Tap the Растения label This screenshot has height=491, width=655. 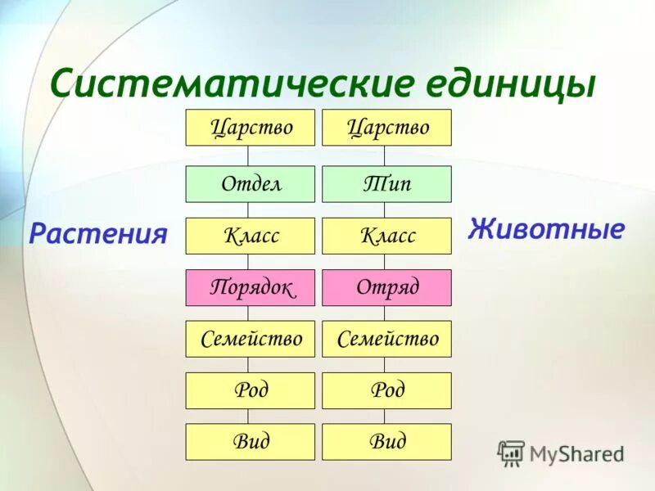click(98, 234)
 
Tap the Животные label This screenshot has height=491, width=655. click(546, 228)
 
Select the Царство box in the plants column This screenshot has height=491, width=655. click(250, 128)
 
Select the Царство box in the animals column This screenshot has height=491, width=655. click(386, 128)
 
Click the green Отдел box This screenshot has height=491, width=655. click(250, 184)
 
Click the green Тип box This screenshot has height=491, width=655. click(386, 184)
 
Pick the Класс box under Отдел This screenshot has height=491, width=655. click(250, 236)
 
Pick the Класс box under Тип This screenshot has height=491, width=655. click(386, 236)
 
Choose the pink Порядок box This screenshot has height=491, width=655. click(250, 287)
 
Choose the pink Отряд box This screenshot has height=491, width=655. click(386, 287)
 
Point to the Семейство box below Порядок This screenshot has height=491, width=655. click(250, 339)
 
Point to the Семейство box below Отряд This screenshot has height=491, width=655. click(386, 339)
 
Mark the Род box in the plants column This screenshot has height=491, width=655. click(250, 390)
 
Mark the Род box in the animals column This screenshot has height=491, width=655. click(386, 390)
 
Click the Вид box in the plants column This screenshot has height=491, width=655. click(250, 442)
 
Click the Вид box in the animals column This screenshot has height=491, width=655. click(386, 442)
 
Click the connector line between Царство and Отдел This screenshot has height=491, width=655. click(248, 156)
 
